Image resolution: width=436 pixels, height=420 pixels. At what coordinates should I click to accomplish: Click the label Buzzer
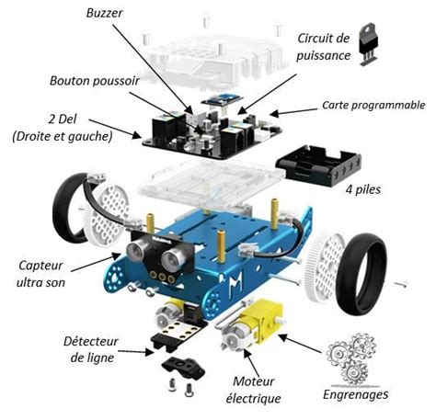pos(104,14)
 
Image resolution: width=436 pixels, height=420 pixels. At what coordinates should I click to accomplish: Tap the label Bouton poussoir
pos(95,81)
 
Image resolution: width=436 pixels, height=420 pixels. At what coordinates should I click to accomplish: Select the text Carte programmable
pos(373,106)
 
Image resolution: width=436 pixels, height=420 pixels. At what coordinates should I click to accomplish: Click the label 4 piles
pos(363,189)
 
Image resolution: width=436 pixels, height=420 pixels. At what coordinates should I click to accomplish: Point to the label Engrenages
pos(356,394)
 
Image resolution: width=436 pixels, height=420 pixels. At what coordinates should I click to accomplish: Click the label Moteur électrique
pos(253,390)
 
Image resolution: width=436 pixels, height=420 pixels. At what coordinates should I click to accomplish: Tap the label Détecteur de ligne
pos(91,349)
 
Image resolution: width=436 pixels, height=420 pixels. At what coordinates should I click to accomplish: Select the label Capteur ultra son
pos(40,274)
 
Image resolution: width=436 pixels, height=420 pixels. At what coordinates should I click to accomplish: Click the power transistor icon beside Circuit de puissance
pos(368,44)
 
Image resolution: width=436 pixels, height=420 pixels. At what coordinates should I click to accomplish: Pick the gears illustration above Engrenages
pos(352,358)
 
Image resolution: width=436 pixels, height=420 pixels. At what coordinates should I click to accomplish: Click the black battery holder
pos(319,165)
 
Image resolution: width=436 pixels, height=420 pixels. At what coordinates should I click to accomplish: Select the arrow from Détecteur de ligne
pos(136,351)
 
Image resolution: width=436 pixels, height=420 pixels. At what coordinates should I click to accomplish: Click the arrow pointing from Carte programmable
pos(293,111)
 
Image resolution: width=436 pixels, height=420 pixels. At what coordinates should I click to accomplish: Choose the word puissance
pos(323,56)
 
